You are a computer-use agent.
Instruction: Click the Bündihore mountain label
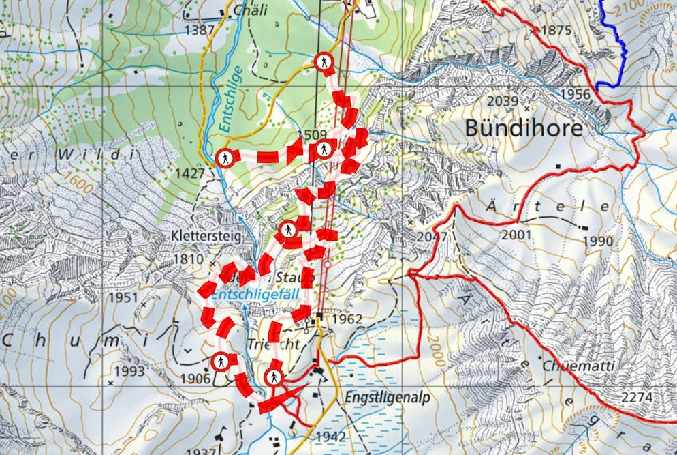pyautogui.click(x=523, y=128)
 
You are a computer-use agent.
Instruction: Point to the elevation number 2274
pyautogui.click(x=637, y=396)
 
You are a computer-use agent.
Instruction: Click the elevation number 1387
pyautogui.click(x=199, y=31)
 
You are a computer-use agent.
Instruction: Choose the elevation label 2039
pyautogui.click(x=503, y=102)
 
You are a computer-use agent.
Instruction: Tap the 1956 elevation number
pyautogui.click(x=576, y=95)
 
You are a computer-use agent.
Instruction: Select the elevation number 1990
pyautogui.click(x=597, y=241)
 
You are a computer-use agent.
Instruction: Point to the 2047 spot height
pyautogui.click(x=433, y=236)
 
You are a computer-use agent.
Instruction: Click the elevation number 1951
pyautogui.click(x=123, y=297)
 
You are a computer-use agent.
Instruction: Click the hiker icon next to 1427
pyautogui.click(x=225, y=158)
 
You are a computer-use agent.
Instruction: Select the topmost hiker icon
pyautogui.click(x=324, y=62)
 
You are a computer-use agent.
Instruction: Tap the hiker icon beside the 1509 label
pyautogui.click(x=324, y=149)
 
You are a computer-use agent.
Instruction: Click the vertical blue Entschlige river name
pyautogui.click(x=230, y=99)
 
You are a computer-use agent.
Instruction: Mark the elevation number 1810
pyautogui.click(x=188, y=259)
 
